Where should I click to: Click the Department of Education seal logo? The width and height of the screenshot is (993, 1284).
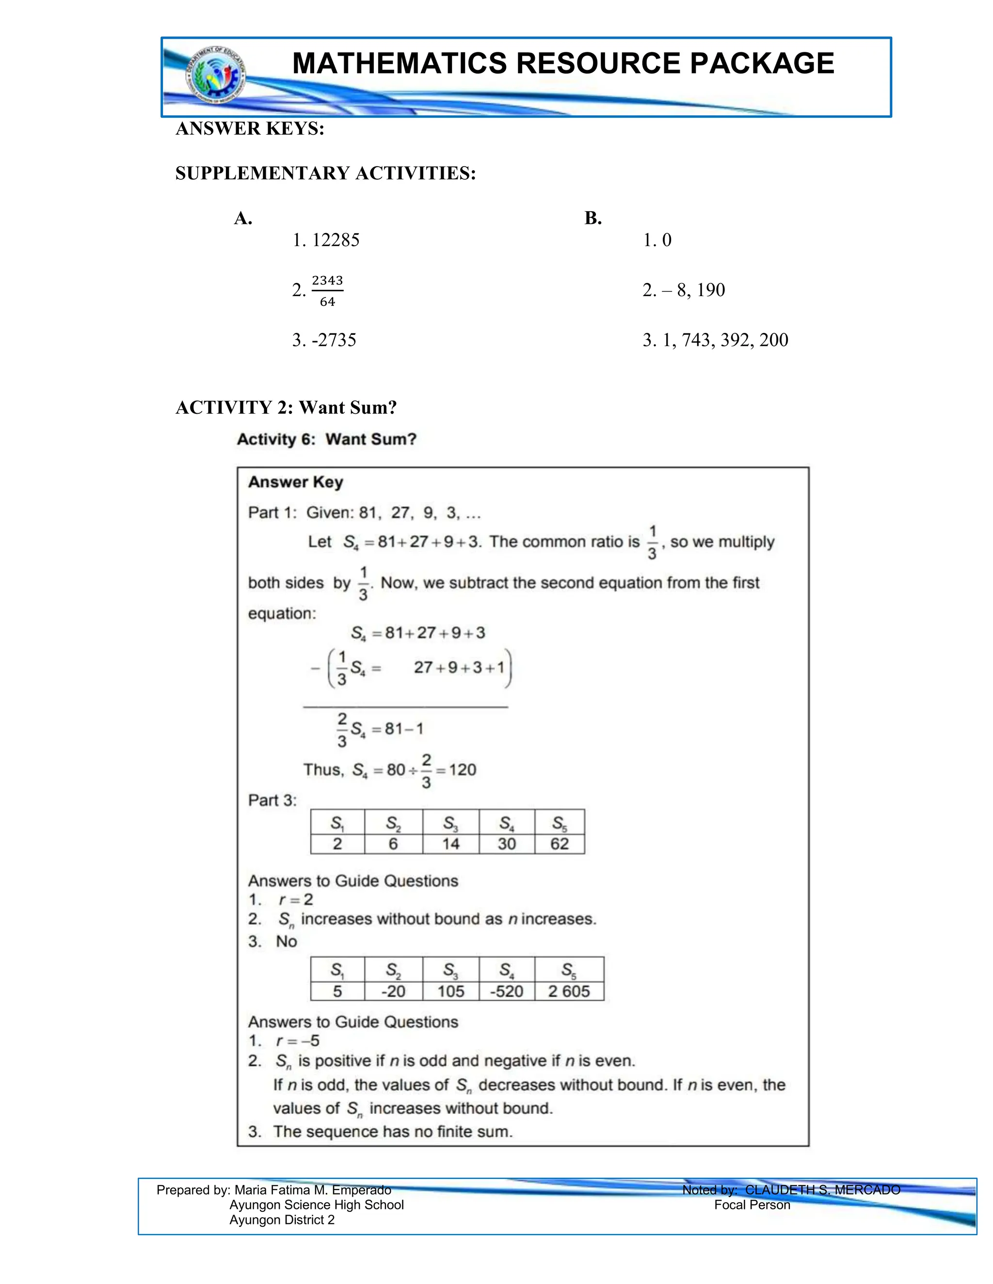pos(215,76)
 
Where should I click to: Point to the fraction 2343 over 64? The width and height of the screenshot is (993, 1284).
pos(327,290)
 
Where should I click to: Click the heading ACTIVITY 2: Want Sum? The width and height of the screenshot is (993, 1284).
pos(286,407)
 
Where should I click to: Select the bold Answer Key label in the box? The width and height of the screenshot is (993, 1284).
pos(295,482)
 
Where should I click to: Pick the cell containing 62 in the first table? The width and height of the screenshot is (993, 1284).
pos(560,844)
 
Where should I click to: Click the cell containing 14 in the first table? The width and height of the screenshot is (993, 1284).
pos(450,844)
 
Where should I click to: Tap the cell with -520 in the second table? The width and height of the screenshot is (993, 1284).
pos(507,991)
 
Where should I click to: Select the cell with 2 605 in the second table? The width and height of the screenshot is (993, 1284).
pos(569,991)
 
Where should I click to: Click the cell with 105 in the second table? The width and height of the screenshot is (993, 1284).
pos(450,991)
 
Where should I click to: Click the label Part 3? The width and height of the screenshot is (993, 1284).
pos(272,800)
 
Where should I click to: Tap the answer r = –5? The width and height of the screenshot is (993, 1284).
pos(298,1041)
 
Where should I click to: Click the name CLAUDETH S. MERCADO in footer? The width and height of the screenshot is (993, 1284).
pos(822,1190)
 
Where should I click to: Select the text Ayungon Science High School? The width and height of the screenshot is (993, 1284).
pos(317,1205)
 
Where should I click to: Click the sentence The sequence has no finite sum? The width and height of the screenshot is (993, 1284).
pos(393,1132)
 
